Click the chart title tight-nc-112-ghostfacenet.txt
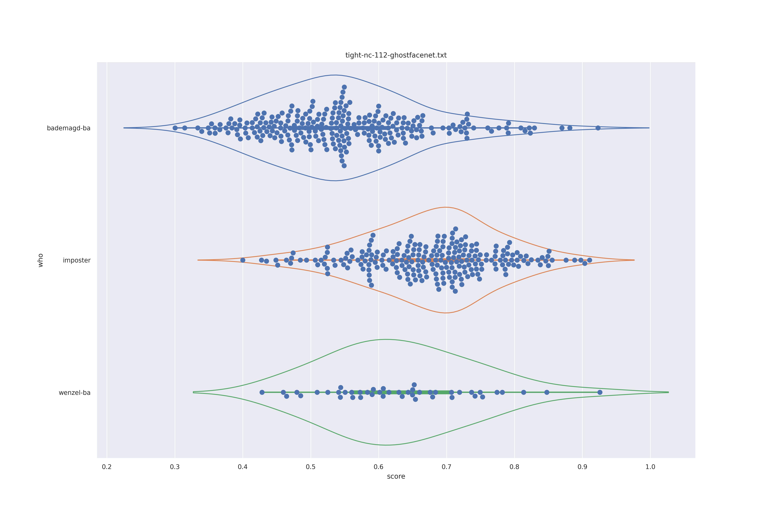coord(396,55)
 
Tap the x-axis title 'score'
coord(396,477)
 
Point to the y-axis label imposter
coord(77,260)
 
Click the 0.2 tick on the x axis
coord(107,467)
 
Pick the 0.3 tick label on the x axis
coord(175,467)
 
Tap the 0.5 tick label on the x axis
coord(311,467)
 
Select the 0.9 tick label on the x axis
coord(582,467)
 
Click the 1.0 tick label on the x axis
coord(650,467)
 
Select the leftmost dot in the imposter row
coord(243,260)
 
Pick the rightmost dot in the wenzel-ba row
coord(600,392)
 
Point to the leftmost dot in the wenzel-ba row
coord(262,392)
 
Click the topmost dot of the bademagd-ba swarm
coord(344,87)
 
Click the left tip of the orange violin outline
coord(198,260)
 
